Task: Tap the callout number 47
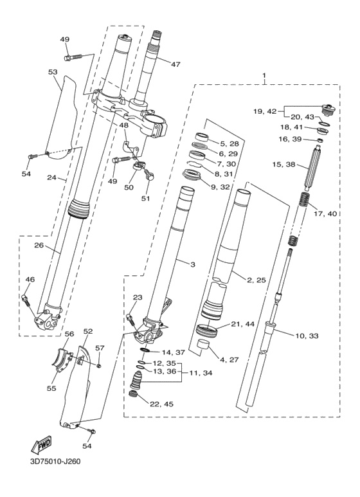click(x=175, y=64)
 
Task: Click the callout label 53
click(x=53, y=73)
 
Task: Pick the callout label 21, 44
click(x=242, y=324)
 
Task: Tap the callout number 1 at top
click(x=264, y=76)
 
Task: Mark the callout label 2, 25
click(x=257, y=280)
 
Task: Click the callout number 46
click(x=30, y=279)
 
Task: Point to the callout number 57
click(x=99, y=348)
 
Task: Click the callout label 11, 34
click(x=196, y=373)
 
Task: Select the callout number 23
click(x=137, y=297)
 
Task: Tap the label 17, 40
click(x=323, y=213)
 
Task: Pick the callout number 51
click(x=145, y=198)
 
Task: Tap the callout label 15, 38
click(x=283, y=165)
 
